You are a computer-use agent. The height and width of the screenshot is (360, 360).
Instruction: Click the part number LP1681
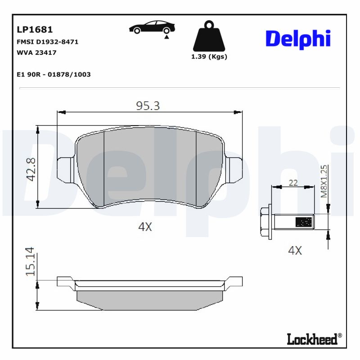pos(35,30)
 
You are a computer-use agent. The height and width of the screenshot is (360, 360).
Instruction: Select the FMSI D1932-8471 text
pos(47,42)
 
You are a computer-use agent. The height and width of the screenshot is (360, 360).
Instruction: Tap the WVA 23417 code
pos(36,53)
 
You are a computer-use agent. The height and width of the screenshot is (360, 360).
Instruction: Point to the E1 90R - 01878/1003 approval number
pos(53,74)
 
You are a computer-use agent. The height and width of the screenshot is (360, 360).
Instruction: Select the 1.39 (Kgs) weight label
pos(209,57)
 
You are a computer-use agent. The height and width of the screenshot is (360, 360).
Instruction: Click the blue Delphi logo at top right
pos(298,40)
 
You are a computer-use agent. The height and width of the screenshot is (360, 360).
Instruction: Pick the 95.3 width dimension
pos(148,106)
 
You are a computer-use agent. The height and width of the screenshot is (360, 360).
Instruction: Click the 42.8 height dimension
pos(31,169)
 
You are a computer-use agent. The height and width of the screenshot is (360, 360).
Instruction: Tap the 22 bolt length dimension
pos(293,183)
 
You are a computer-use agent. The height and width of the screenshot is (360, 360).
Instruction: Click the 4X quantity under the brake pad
pos(145,227)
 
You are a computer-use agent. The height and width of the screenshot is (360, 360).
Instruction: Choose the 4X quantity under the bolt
pos(295,251)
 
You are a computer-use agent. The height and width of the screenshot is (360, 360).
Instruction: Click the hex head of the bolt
pos(266,221)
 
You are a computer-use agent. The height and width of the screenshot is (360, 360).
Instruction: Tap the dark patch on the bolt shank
pos(303,222)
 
